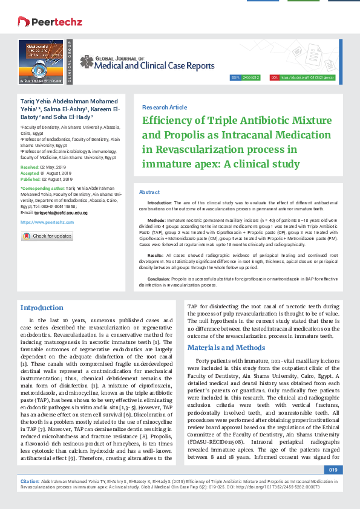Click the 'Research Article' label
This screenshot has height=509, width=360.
coord(165,106)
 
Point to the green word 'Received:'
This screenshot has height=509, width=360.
coord(30,166)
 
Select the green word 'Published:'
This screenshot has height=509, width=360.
coord(30,180)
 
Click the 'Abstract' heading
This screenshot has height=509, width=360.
coord(149,192)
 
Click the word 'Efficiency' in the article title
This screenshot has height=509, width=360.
coord(169,120)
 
